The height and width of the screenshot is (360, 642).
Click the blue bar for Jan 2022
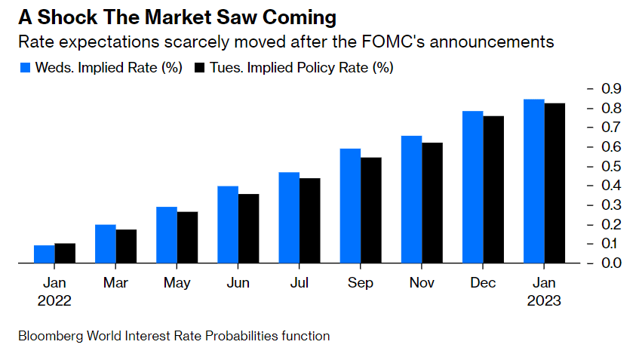45,254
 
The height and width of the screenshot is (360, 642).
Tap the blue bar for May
167,235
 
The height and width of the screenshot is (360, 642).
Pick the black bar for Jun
248,229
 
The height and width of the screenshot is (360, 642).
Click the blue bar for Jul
289,218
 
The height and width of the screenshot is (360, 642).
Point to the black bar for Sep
370,211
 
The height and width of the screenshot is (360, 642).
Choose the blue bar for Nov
411,200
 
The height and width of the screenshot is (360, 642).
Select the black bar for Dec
493,189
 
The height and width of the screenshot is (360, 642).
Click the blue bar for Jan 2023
533,181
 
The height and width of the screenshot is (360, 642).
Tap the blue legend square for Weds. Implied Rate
24,68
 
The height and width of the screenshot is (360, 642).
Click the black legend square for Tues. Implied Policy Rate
200,68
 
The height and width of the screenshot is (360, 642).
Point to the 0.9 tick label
612,89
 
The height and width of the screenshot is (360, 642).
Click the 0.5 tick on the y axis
612,166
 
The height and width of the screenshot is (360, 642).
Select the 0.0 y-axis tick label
612,263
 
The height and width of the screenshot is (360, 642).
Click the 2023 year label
544,300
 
